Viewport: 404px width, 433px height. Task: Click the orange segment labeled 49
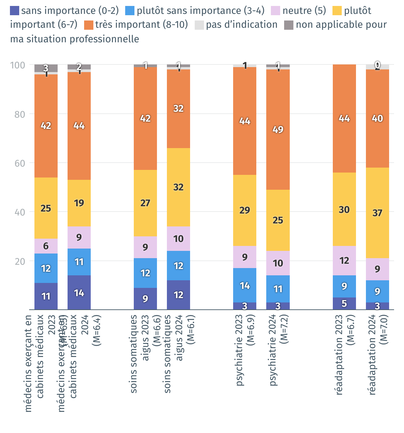(278, 129)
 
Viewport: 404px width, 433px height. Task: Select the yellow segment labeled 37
(377, 213)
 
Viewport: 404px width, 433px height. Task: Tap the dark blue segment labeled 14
(79, 293)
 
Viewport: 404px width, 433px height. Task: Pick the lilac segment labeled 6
(46, 246)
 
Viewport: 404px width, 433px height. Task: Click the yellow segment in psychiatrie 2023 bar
(245, 210)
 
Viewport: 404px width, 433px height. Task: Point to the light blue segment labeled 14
(245, 285)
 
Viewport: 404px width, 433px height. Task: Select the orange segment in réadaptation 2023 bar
(344, 118)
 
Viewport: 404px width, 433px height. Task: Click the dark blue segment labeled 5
(344, 303)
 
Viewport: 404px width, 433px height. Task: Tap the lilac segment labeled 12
(344, 260)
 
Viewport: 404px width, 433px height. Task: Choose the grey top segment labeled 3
(46, 68)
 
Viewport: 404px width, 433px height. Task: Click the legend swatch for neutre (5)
(276, 11)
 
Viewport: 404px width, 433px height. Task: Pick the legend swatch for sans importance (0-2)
(15, 11)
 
